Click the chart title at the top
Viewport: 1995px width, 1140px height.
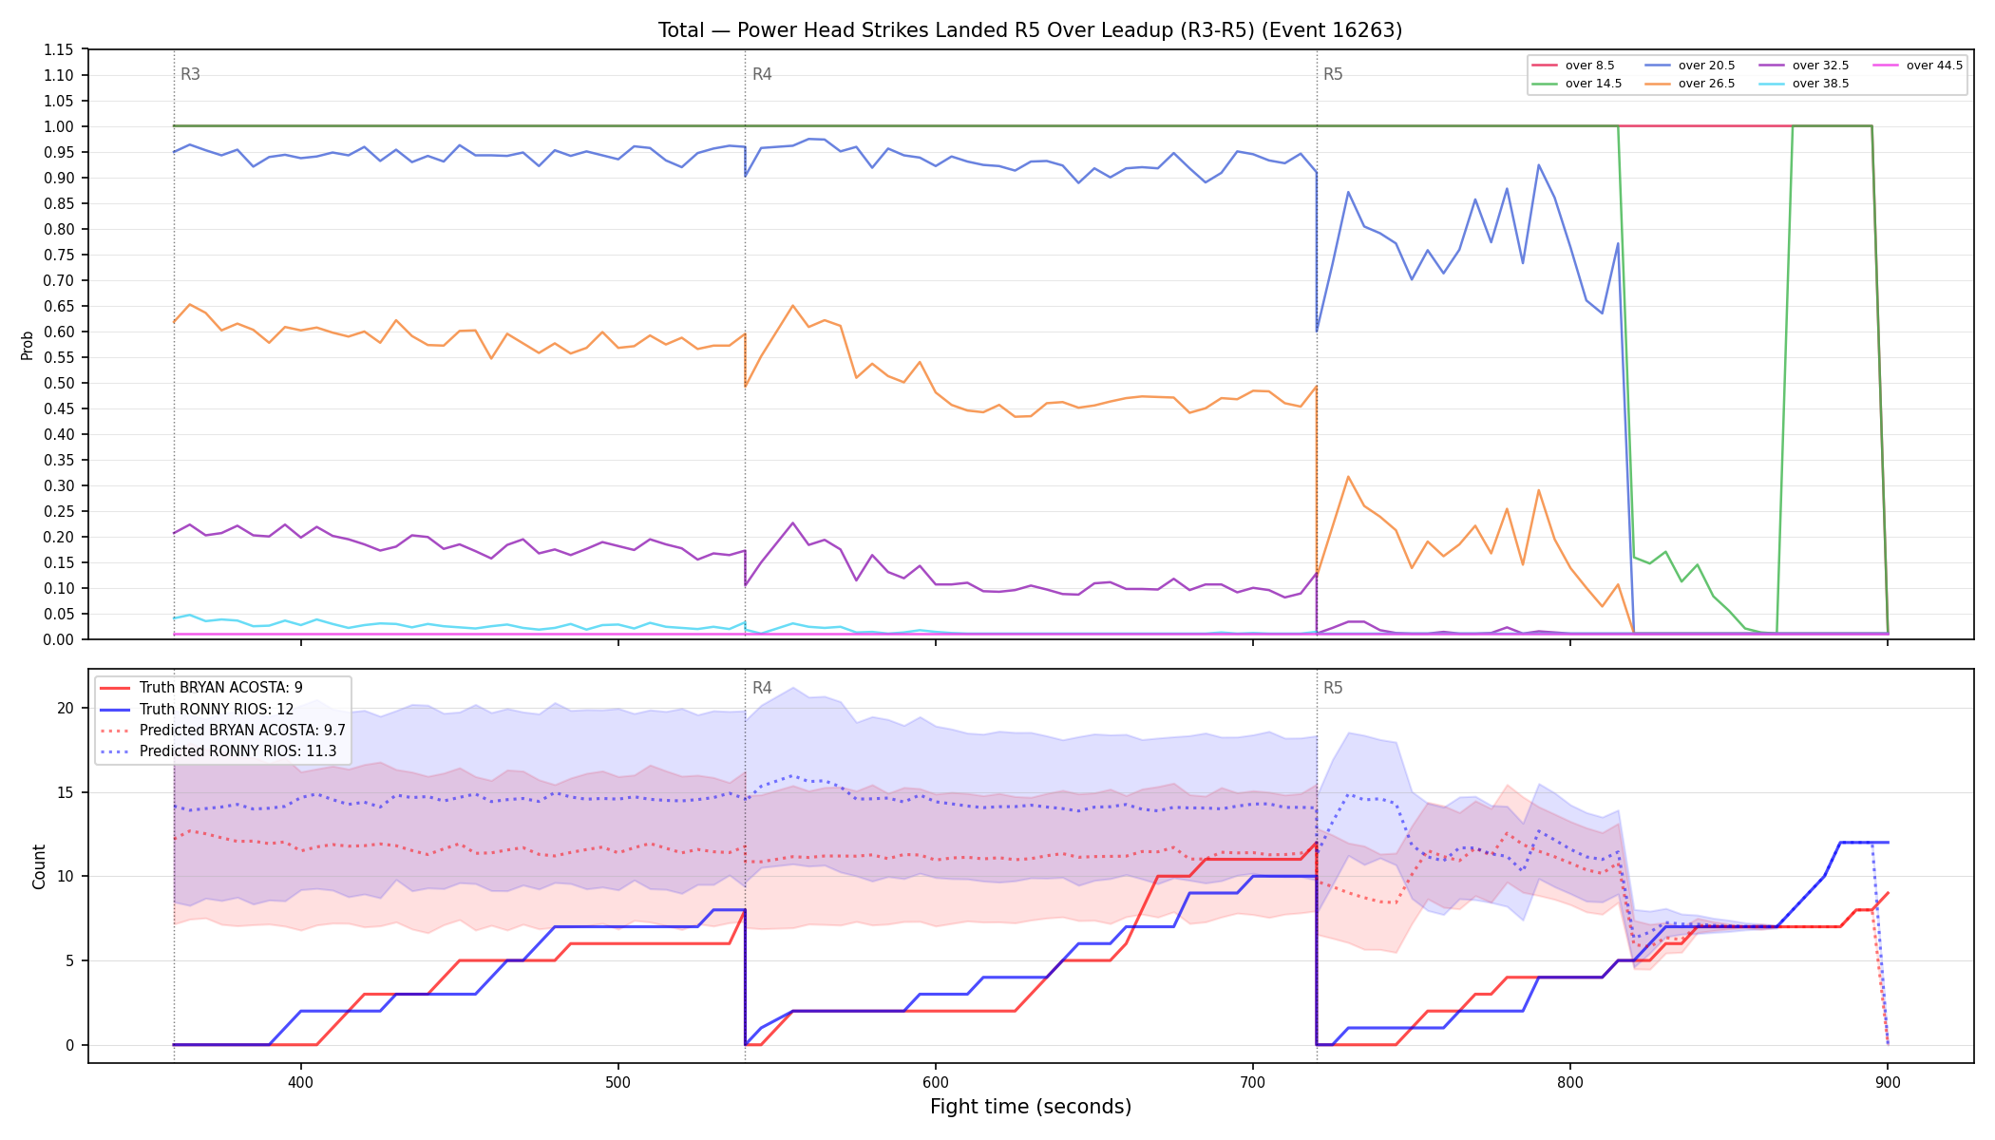[x=1030, y=30]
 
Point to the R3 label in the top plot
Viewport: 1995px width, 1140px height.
[x=190, y=74]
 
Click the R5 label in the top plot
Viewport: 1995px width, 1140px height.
[x=1333, y=74]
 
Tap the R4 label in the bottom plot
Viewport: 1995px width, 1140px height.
[x=762, y=688]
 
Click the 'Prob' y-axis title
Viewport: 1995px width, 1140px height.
[x=28, y=345]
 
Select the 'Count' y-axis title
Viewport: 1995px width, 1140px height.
[x=39, y=866]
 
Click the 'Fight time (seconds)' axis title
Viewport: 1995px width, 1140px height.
[x=1031, y=1107]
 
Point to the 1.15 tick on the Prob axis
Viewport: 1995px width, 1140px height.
[x=59, y=49]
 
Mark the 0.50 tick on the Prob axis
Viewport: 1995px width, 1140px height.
[x=59, y=383]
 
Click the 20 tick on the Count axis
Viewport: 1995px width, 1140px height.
[x=66, y=708]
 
